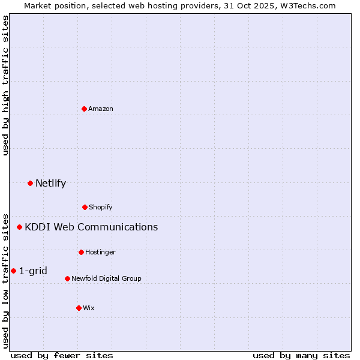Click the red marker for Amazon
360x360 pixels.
(84, 109)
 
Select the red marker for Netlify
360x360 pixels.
(30, 183)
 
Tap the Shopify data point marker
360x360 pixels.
(85, 207)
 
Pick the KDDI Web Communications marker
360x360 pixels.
(19, 227)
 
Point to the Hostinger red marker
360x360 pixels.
(81, 252)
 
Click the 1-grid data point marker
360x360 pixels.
(13, 271)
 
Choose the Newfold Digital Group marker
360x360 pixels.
(67, 278)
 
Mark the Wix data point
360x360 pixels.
(79, 308)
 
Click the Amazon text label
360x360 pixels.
(101, 109)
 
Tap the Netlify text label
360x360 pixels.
(50, 183)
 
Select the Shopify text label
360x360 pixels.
(101, 207)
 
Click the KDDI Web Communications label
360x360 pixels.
(91, 227)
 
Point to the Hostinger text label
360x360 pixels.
(100, 252)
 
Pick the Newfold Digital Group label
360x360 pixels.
(106, 278)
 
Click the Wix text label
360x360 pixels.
(89, 308)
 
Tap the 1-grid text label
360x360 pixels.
(33, 271)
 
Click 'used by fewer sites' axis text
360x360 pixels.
(62, 355)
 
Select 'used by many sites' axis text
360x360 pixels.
(301, 355)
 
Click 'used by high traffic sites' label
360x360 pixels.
(5, 85)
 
